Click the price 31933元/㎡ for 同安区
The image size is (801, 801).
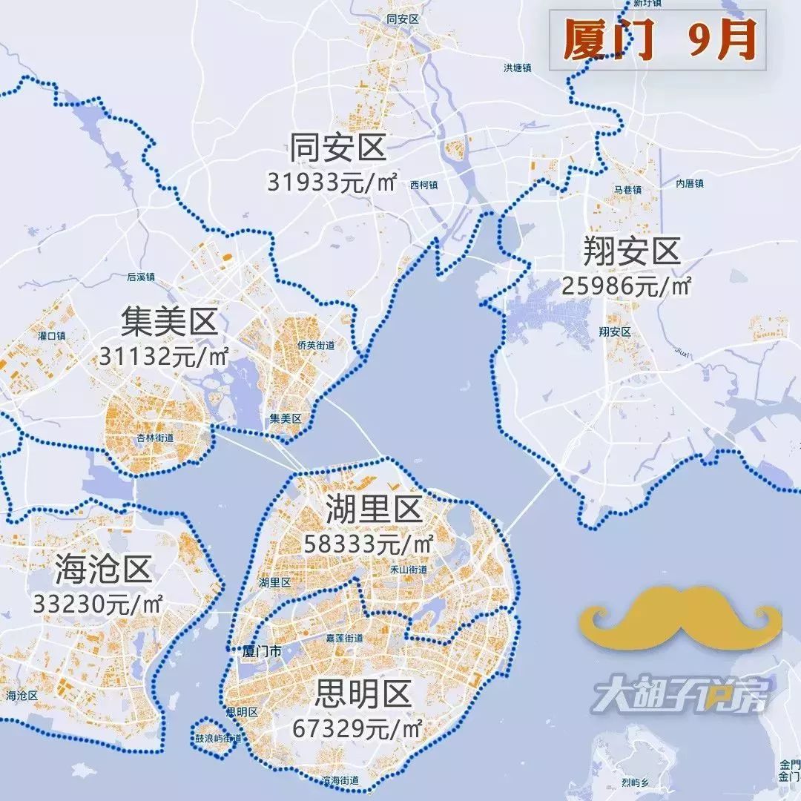pos(332,181)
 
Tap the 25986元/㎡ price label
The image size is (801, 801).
pos(627,285)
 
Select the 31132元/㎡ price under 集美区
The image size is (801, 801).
pos(164,356)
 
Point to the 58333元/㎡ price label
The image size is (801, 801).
pos(369,544)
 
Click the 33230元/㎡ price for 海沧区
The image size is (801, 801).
pos(97,603)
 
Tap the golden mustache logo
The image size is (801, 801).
pos(681,616)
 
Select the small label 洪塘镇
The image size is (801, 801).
pos(517,67)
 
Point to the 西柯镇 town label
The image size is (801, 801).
pos(424,185)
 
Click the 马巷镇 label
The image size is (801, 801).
pos(627,191)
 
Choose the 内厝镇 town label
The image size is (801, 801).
pos(689,183)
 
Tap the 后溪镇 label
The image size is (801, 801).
pos(140,277)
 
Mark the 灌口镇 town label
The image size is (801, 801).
pos(52,336)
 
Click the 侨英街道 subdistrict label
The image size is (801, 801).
pos(316,346)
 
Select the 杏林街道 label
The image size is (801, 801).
pos(155,438)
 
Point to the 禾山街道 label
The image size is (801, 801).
pos(409,570)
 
